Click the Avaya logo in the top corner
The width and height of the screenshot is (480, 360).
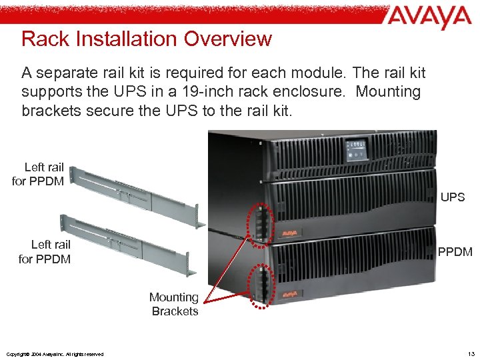pyautogui.click(x=427, y=18)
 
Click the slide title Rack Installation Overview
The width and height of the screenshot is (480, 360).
pyautogui.click(x=147, y=39)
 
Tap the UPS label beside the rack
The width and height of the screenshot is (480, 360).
pyautogui.click(x=453, y=197)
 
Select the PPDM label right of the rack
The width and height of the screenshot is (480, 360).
pyautogui.click(x=455, y=251)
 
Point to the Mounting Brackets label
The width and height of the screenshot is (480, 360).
pyautogui.click(x=174, y=304)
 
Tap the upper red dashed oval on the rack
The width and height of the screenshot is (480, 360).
pyautogui.click(x=260, y=221)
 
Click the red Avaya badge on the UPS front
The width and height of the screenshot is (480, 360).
pyautogui.click(x=289, y=233)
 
